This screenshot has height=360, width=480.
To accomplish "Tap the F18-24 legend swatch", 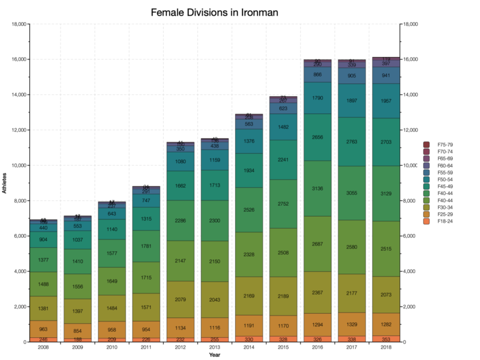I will click(x=427, y=221).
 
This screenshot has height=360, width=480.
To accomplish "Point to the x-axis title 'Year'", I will click(x=214, y=355).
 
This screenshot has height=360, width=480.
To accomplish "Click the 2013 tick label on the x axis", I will click(x=214, y=347).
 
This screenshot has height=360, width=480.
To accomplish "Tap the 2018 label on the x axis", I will click(x=382, y=347).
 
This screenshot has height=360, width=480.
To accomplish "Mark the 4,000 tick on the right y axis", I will click(x=410, y=272).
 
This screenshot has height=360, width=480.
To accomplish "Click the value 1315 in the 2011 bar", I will click(x=147, y=219).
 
